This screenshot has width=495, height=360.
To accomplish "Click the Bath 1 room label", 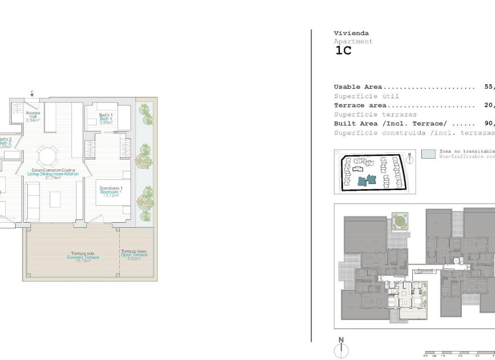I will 106,119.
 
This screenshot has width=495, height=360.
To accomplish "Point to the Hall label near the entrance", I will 33,116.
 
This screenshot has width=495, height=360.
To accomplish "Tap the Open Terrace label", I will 134,255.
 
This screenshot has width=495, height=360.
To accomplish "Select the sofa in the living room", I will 33,201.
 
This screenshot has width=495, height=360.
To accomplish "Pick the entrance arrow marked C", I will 32,94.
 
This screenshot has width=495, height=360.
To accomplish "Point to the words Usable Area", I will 358,87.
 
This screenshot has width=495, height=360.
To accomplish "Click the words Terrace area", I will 361,105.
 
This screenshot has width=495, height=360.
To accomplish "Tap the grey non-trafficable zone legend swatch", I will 429,154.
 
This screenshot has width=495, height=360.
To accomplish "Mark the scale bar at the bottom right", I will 458,353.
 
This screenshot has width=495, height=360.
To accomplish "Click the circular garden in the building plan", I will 400,220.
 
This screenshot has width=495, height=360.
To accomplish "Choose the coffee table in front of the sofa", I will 55,199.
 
